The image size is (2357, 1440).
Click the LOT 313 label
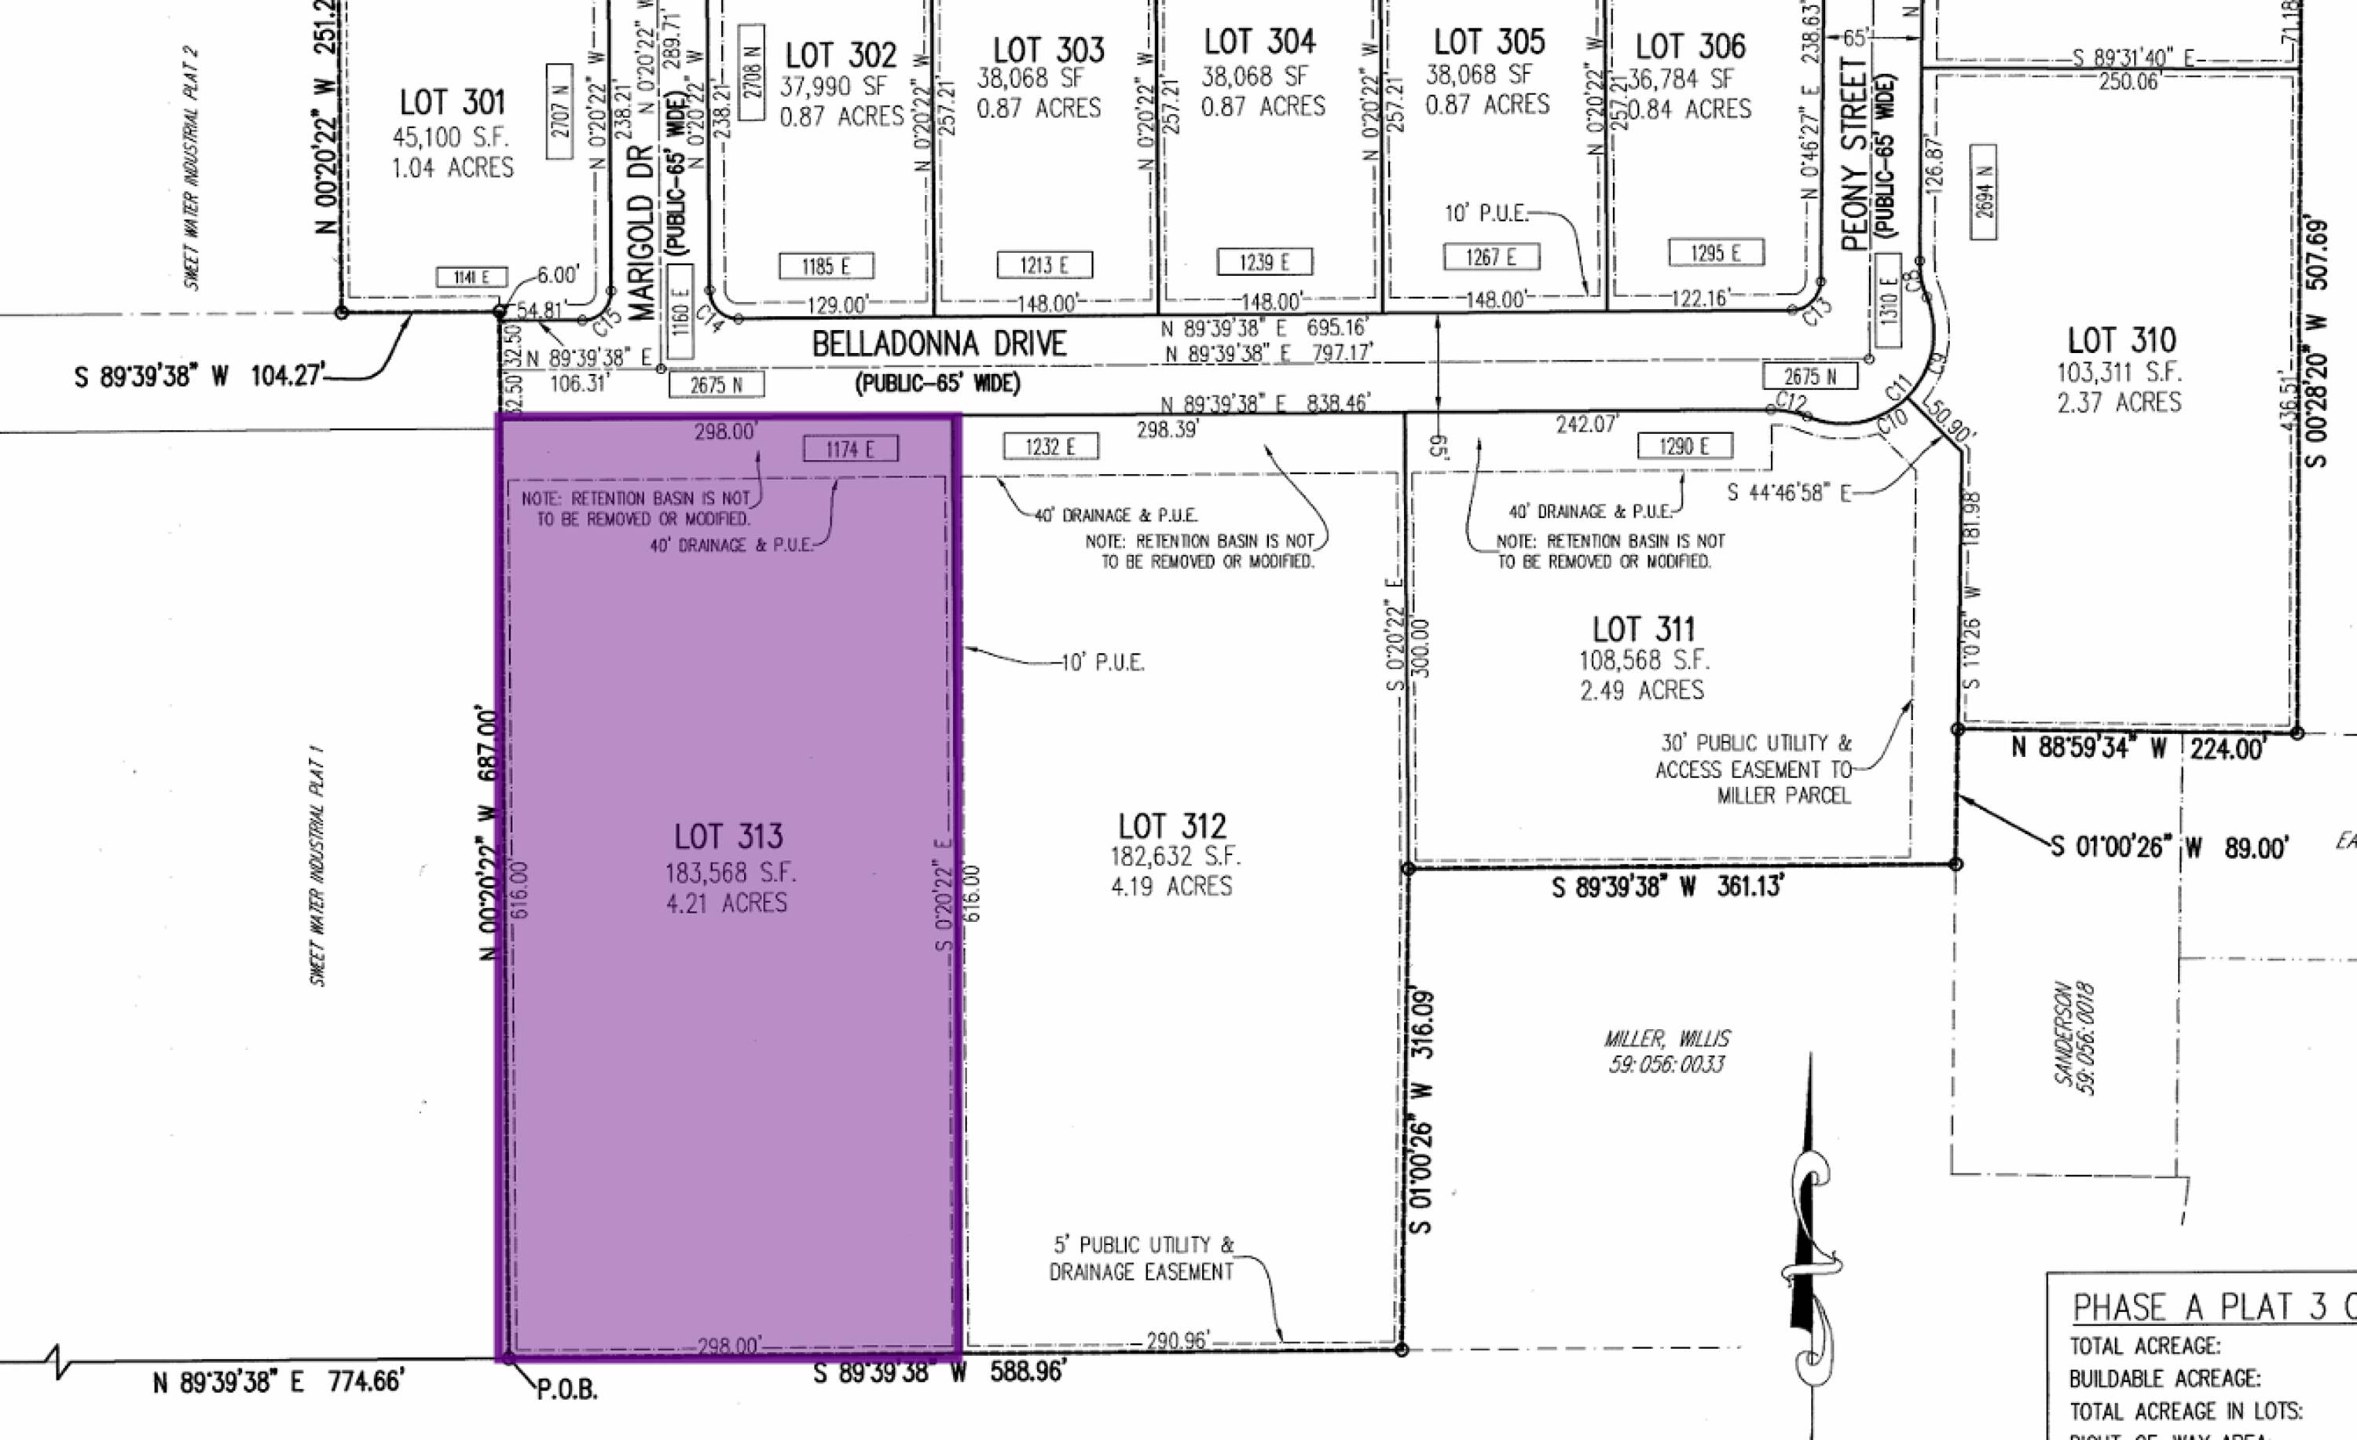point(728,837)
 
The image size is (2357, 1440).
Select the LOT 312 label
point(1173,827)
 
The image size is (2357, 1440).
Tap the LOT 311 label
point(1644,630)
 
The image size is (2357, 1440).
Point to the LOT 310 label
point(2121,340)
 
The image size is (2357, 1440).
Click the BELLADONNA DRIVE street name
point(938,344)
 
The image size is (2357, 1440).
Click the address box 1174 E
point(850,449)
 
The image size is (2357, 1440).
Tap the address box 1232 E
point(1050,446)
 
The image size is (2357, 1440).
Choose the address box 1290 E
point(1684,446)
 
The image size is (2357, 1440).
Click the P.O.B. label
point(566,1389)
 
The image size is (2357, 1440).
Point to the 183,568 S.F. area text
point(731,872)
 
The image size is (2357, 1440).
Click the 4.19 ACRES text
point(1171,887)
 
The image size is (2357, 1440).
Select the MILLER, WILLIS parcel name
point(1666,1038)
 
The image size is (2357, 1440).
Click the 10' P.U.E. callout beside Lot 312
point(1103,662)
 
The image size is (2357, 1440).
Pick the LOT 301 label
point(452,102)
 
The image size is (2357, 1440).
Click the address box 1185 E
point(827,266)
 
